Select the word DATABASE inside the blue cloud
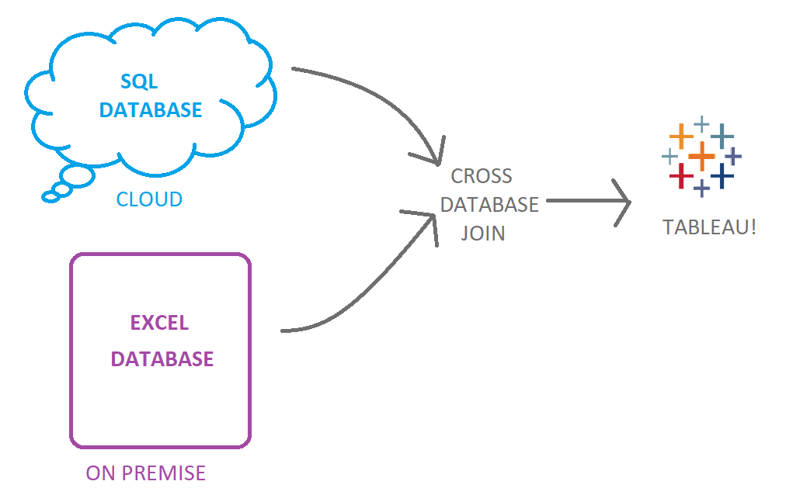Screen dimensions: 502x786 click(x=151, y=109)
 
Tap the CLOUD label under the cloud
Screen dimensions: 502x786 click(x=149, y=199)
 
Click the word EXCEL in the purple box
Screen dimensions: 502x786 click(x=159, y=323)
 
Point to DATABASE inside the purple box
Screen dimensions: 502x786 click(x=162, y=359)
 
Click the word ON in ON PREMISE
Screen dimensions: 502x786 click(x=100, y=473)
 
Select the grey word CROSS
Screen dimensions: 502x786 click(x=482, y=176)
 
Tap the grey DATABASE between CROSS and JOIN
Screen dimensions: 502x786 click(x=489, y=204)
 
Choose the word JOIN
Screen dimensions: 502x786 click(x=483, y=233)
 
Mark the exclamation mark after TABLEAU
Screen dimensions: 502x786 click(x=753, y=227)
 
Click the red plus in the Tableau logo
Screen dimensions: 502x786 click(x=681, y=175)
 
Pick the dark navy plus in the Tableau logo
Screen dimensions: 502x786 click(x=722, y=175)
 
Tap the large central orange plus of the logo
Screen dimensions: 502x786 click(x=701, y=156)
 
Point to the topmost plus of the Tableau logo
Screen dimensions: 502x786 click(x=701, y=123)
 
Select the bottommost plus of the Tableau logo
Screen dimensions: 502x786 click(x=701, y=189)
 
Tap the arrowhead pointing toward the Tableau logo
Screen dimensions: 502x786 click(x=621, y=203)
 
